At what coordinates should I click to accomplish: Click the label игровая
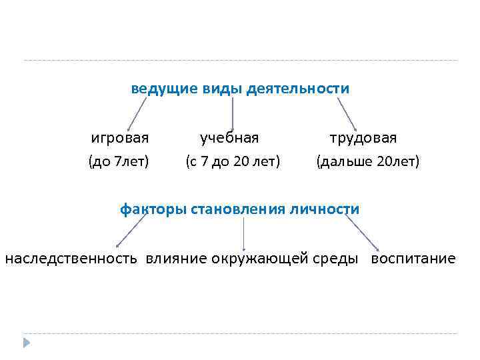tap(120, 138)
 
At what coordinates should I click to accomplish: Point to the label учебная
tap(229, 138)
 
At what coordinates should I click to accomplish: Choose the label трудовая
tap(363, 138)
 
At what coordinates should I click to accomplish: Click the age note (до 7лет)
tap(119, 161)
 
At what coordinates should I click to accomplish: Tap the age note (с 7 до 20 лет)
tap(232, 161)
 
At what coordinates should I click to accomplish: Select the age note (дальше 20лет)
tap(368, 161)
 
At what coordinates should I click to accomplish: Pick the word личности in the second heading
tap(331, 209)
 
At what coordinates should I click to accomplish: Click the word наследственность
tap(71, 258)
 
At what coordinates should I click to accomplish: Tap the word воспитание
tap(413, 258)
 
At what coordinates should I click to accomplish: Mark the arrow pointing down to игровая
tap(137, 114)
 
